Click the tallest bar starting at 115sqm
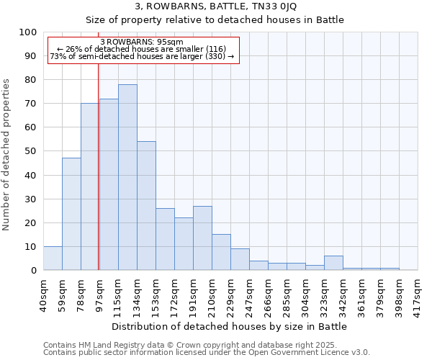(127, 177)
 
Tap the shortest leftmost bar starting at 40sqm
(53, 258)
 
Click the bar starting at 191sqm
(202, 238)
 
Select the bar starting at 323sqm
(333, 263)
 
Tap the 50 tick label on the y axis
(30, 151)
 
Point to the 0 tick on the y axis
(33, 270)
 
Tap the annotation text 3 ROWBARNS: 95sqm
(142, 42)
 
